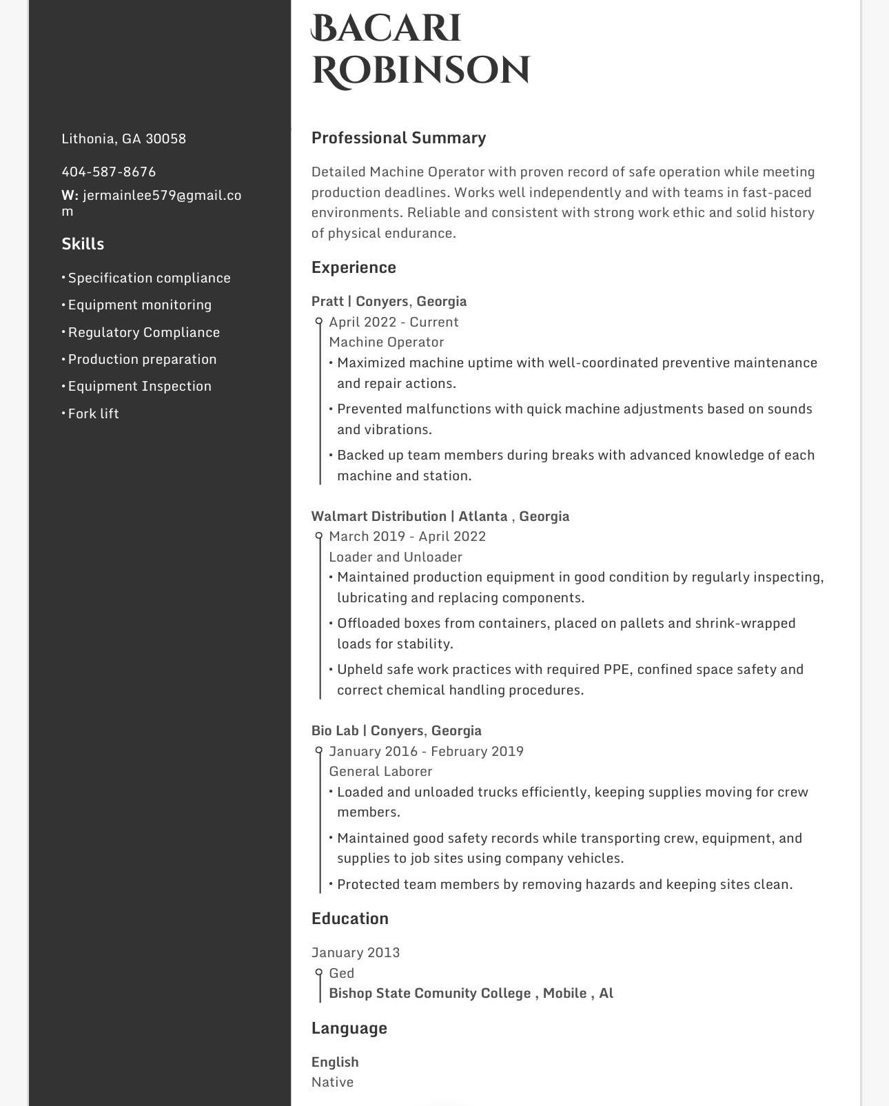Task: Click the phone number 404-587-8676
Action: coord(109,172)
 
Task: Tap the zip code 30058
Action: coord(165,139)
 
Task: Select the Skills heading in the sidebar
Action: coord(83,244)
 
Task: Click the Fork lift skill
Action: coord(93,413)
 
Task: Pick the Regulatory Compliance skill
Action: coord(143,332)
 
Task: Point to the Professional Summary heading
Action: coord(398,138)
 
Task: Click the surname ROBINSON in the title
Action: coord(421,71)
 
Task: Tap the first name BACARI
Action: coord(386,29)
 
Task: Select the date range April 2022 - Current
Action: coord(394,322)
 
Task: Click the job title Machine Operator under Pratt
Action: coord(386,342)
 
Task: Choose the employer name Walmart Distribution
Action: coord(378,516)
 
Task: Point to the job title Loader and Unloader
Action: coord(395,557)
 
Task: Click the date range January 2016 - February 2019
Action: coord(426,751)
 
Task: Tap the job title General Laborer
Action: coord(380,771)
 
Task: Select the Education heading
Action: coord(349,919)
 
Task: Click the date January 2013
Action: coord(355,952)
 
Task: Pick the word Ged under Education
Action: coord(341,973)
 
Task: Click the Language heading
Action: coord(349,1028)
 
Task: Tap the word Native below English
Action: coord(332,1082)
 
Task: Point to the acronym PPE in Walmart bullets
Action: coord(617,669)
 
